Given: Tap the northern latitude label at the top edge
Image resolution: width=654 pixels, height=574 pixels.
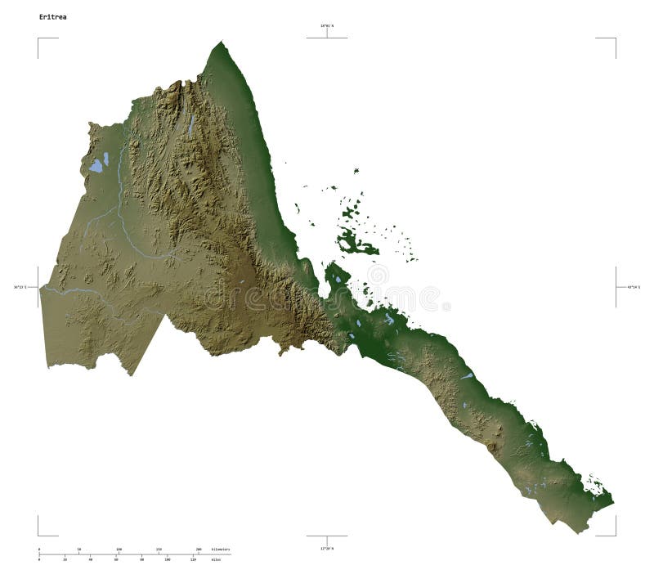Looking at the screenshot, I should coord(327,26).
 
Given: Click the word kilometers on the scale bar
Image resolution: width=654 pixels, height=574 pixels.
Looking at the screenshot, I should coord(220,549).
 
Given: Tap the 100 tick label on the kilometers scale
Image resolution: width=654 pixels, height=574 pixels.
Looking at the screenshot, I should coord(119,549).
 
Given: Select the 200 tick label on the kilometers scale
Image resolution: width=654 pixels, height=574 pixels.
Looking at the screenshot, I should coord(198,549).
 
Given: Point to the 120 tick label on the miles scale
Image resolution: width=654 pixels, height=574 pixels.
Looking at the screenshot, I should coord(193,560).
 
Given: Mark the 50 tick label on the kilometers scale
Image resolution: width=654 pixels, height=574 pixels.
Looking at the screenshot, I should coord(78,549).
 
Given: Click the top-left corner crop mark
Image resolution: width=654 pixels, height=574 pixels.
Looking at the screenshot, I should coord(38,38).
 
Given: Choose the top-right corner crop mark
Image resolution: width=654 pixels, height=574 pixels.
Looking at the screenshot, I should coord(615,38).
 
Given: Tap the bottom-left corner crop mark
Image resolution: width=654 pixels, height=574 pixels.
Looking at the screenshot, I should coord(38,535).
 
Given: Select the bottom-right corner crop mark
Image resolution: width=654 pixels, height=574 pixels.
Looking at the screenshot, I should coord(615,535).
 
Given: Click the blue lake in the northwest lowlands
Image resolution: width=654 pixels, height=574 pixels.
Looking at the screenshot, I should coord(96,165).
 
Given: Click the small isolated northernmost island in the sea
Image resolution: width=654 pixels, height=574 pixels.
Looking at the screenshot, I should coord(356,171).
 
